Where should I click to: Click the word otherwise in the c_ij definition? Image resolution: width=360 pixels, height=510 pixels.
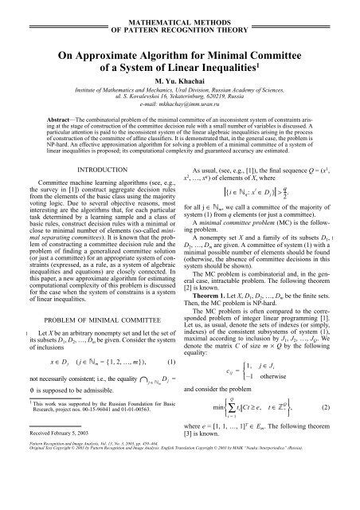coord(271,390)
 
